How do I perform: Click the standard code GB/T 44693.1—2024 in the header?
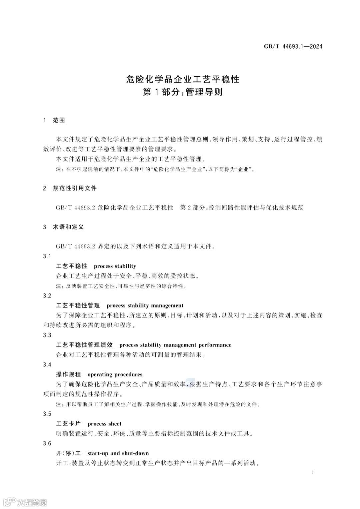click(x=293, y=47)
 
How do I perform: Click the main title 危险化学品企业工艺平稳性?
click(x=183, y=79)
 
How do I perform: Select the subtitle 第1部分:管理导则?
click(x=183, y=92)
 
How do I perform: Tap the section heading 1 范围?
click(x=54, y=120)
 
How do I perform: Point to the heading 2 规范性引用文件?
click(x=70, y=188)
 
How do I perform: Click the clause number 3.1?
click(x=47, y=256)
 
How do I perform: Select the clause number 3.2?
click(x=47, y=295)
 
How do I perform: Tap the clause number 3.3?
click(x=47, y=335)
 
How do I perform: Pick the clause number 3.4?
click(x=47, y=364)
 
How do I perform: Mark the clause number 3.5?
click(x=47, y=414)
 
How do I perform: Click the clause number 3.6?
click(x=47, y=443)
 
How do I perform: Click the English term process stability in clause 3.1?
click(x=115, y=266)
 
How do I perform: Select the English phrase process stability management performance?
click(x=175, y=345)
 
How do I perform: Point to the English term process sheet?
click(x=104, y=424)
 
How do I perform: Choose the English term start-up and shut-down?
click(x=118, y=453)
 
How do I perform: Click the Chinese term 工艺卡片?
click(x=68, y=424)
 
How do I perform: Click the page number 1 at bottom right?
click(x=312, y=472)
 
